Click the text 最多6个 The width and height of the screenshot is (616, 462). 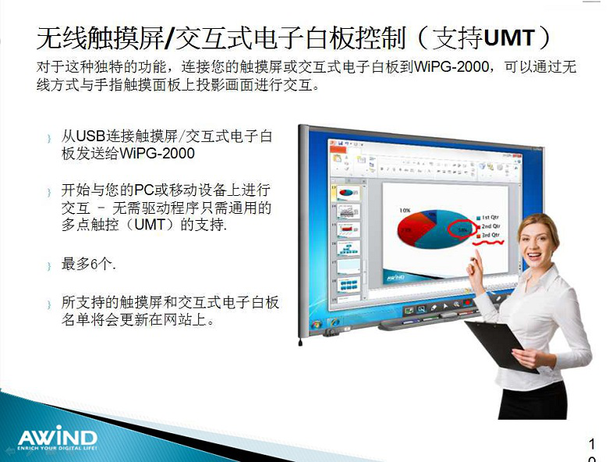(89, 265)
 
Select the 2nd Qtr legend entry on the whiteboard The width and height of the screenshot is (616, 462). (490, 226)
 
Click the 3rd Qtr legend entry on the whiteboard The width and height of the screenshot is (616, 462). (490, 235)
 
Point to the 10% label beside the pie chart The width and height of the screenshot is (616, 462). (405, 211)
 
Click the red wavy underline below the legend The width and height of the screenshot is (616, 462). (489, 243)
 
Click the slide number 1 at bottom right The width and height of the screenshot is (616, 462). (593, 444)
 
